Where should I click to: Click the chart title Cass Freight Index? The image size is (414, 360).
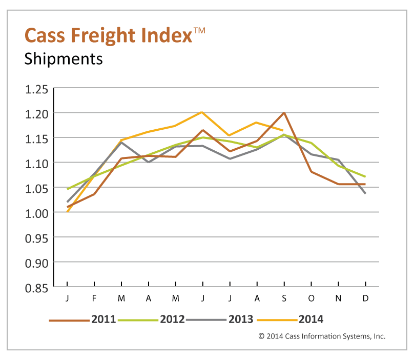point(108,36)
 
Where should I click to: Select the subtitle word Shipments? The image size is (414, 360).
point(64,59)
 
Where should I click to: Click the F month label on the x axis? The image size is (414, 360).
point(94,298)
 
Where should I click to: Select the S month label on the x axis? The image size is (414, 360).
point(284,298)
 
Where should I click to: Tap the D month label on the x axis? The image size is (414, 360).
point(365,298)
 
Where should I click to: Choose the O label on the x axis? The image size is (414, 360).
point(311,298)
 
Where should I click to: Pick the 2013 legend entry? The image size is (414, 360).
point(240,319)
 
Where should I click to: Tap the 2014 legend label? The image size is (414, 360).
point(310,319)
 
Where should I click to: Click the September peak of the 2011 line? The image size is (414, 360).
point(284,112)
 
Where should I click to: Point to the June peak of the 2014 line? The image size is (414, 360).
point(202,112)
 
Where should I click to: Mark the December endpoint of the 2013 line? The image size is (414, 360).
point(365,193)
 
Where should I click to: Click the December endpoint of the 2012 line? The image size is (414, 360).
point(365,176)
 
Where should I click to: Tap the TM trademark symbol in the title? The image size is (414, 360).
point(199,31)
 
